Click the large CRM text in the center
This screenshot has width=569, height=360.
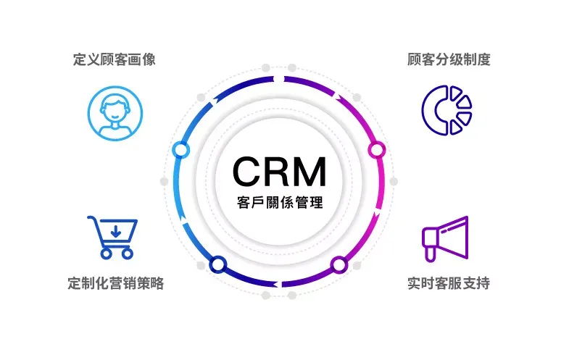click(279, 171)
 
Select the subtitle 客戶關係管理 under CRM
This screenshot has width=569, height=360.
click(280, 202)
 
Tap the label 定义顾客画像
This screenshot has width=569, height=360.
click(115, 59)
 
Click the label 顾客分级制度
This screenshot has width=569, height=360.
click(449, 59)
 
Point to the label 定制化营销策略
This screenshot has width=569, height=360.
click(116, 283)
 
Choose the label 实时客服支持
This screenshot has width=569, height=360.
click(449, 283)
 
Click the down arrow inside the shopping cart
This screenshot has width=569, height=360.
click(116, 231)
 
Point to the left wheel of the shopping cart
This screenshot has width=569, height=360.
click(106, 254)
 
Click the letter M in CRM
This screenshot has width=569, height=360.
click(310, 171)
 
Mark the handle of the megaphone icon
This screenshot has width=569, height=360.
click(429, 254)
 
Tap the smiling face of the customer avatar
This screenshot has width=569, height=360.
click(115, 110)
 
